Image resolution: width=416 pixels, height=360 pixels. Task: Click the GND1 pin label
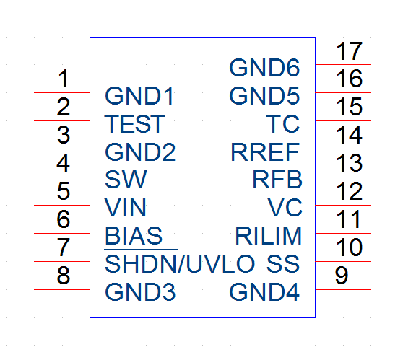point(139,96)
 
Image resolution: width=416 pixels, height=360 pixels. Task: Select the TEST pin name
point(135,124)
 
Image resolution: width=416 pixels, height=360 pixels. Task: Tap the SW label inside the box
point(126,180)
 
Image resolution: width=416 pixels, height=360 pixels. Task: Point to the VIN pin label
point(125,208)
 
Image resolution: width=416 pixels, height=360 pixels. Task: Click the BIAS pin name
point(134,236)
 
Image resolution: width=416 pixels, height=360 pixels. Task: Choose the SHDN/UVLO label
point(180,264)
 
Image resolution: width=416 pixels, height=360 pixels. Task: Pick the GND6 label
point(264,68)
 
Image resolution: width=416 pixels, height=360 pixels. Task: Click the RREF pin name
point(265,152)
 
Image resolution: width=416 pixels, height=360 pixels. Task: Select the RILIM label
point(269,236)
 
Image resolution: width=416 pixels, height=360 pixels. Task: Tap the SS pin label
point(283,264)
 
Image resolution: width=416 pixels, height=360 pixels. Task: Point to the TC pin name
point(283,124)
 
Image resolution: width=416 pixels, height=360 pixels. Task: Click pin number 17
point(349,51)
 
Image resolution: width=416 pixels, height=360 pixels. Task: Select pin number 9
point(342,276)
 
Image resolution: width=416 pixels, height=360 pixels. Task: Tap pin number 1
point(64,79)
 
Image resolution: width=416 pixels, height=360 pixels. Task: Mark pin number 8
point(64,276)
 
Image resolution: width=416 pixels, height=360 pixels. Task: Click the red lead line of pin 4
point(62,177)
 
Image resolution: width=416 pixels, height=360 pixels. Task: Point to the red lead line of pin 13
point(343,177)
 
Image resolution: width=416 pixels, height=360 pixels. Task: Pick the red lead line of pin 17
point(343,64)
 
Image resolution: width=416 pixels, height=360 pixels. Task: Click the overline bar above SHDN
point(141,249)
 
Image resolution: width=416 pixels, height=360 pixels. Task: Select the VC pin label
point(285,208)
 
